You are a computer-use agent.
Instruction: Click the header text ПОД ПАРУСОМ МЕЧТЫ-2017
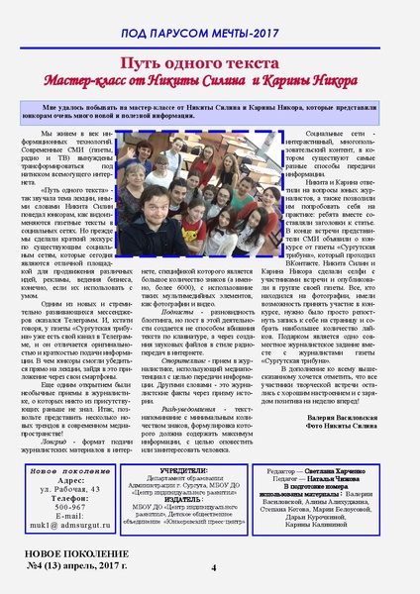click(x=210, y=34)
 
